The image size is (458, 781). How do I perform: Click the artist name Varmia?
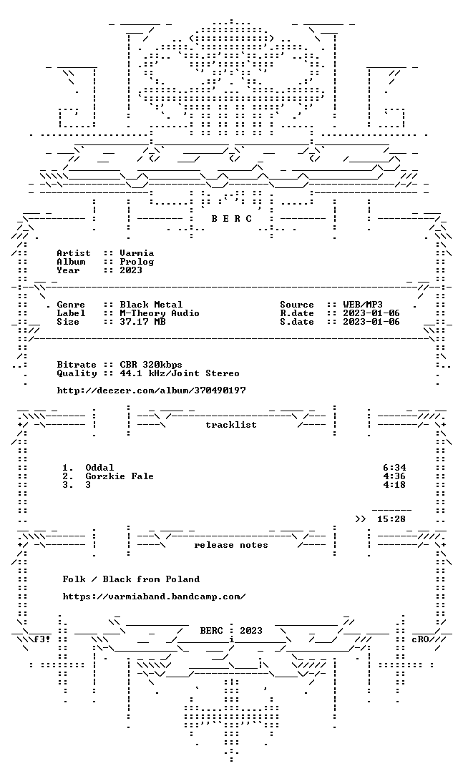[x=137, y=253]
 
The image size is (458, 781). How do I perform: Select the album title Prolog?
[x=137, y=262]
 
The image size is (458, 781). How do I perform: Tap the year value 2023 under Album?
[x=131, y=270]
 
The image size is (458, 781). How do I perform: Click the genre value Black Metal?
[x=151, y=305]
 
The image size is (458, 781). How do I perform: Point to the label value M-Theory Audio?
[x=160, y=313]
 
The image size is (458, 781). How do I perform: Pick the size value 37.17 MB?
[x=142, y=321]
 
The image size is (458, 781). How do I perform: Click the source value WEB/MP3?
[x=363, y=305]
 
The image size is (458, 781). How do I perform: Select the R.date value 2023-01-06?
[x=371, y=313]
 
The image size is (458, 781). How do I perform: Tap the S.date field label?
[x=297, y=321]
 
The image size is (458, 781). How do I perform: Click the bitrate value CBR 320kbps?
[x=151, y=365]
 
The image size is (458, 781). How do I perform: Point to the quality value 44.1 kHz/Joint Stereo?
[x=180, y=373]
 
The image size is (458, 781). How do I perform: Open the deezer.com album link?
[x=151, y=390]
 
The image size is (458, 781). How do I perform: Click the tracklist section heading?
[x=231, y=425]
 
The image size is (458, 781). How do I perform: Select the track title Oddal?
[x=99, y=468]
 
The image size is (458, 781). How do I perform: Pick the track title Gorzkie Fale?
[x=120, y=476]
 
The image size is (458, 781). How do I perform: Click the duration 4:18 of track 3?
[x=394, y=485]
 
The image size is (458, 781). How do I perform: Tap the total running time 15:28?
[x=391, y=519]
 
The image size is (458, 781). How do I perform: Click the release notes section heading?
[x=231, y=545]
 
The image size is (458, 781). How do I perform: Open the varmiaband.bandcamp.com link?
[x=154, y=596]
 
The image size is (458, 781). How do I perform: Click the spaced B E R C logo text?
[x=231, y=218]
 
